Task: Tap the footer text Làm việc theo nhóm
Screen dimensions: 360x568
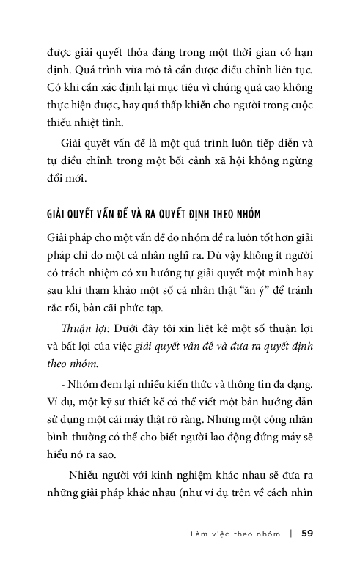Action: (x=234, y=533)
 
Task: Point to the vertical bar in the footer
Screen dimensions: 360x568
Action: (x=291, y=533)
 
